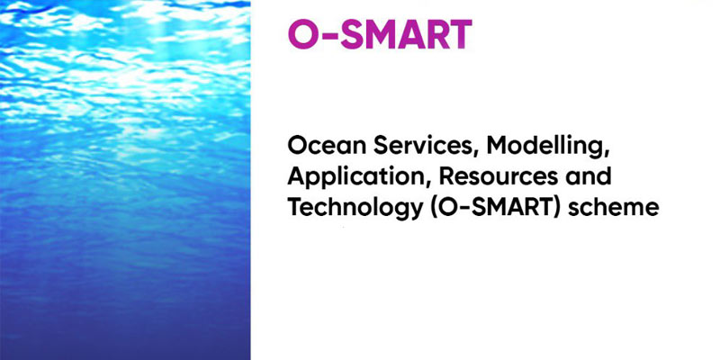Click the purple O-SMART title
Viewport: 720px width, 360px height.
click(379, 33)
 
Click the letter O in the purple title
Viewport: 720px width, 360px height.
click(301, 33)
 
